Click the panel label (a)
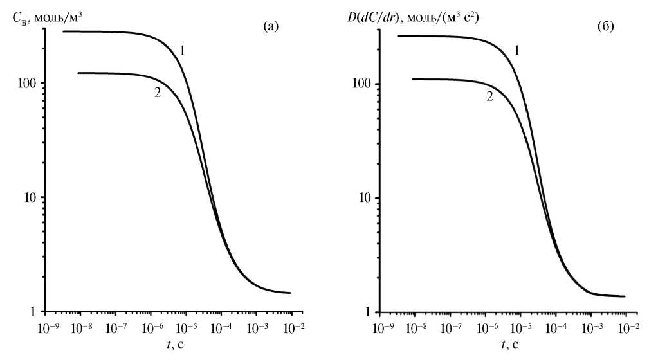(x=271, y=26)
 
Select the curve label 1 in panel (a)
(x=183, y=50)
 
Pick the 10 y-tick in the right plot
(x=364, y=198)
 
